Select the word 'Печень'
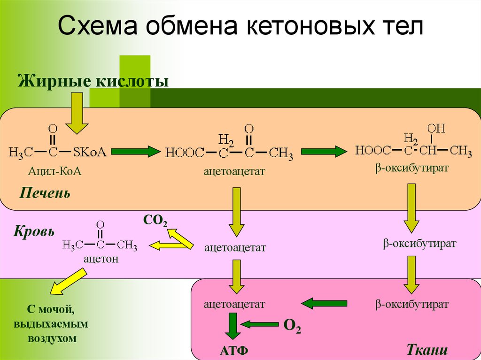coord(45,193)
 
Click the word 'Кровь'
coord(34,231)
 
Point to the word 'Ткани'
coord(427,350)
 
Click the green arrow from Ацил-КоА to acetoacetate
coord(136,152)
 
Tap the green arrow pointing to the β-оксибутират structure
coord(324,152)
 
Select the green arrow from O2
coord(259,324)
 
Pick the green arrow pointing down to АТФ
coord(233,325)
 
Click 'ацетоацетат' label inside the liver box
coord(234,172)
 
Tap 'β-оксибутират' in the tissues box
coord(412,304)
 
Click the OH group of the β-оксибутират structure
coord(436,129)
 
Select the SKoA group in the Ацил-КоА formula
coord(89,152)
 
